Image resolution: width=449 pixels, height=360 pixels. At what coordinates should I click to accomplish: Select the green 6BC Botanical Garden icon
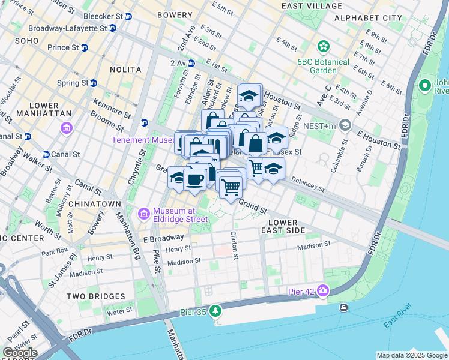click(324, 46)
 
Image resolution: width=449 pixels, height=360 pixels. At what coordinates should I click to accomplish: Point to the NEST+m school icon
click(345, 125)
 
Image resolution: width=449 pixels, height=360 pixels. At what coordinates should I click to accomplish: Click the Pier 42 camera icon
click(324, 291)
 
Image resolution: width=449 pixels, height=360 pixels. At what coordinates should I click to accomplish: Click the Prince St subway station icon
click(84, 47)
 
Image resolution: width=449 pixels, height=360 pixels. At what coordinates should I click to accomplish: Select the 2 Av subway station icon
click(191, 63)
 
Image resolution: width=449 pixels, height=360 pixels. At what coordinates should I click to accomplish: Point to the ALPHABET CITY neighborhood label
click(368, 19)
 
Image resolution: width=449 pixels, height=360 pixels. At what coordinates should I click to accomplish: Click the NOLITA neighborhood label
click(125, 70)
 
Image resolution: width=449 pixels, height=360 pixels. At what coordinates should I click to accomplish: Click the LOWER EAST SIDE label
click(283, 226)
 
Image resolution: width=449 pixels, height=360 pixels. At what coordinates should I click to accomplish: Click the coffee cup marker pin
click(194, 179)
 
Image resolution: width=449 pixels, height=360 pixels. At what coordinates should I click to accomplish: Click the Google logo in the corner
click(20, 353)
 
